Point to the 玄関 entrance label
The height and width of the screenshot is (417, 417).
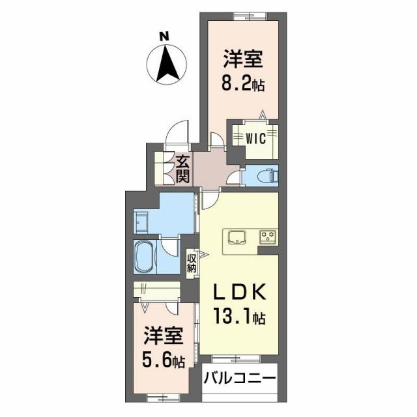(x=182, y=169)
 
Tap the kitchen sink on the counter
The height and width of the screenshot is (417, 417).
(x=235, y=235)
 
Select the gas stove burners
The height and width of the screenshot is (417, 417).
(x=268, y=236)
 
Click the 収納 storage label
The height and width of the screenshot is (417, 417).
(x=192, y=265)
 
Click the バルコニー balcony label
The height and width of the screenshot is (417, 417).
(x=240, y=378)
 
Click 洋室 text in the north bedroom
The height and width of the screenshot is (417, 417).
(x=243, y=60)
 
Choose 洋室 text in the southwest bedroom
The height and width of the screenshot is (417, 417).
(x=163, y=338)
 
